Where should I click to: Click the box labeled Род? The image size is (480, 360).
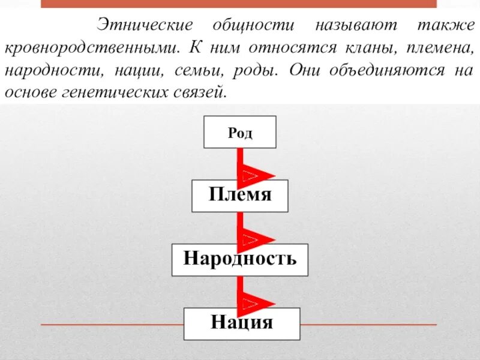240,132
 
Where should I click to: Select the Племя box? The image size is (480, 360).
240,196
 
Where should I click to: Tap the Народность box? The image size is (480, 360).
240,260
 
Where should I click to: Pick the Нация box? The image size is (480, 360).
241,324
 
